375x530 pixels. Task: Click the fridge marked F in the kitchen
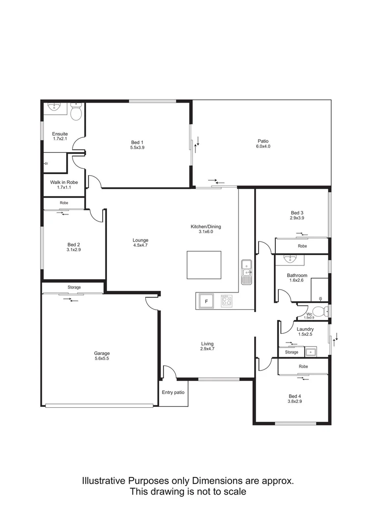click(x=207, y=301)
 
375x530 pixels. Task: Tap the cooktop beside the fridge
click(x=226, y=300)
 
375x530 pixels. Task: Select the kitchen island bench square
click(x=204, y=265)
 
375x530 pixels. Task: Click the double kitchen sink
click(x=246, y=272)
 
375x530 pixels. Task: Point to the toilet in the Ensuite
click(x=76, y=113)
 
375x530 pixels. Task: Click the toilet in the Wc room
click(x=320, y=311)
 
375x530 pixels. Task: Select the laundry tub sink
click(x=310, y=351)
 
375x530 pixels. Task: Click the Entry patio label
click(x=173, y=392)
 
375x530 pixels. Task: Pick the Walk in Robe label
click(x=64, y=182)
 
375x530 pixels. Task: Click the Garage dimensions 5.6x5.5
click(x=102, y=359)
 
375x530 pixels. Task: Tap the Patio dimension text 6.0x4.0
click(x=263, y=146)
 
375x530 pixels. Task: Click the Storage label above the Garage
click(x=74, y=287)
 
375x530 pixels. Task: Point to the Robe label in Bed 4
click(x=303, y=367)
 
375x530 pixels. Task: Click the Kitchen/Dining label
click(x=206, y=227)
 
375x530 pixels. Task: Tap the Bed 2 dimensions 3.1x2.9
click(x=74, y=250)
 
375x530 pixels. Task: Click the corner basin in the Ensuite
click(x=54, y=107)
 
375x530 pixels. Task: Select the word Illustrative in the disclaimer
click(x=104, y=480)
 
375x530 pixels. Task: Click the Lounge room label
click(x=140, y=240)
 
